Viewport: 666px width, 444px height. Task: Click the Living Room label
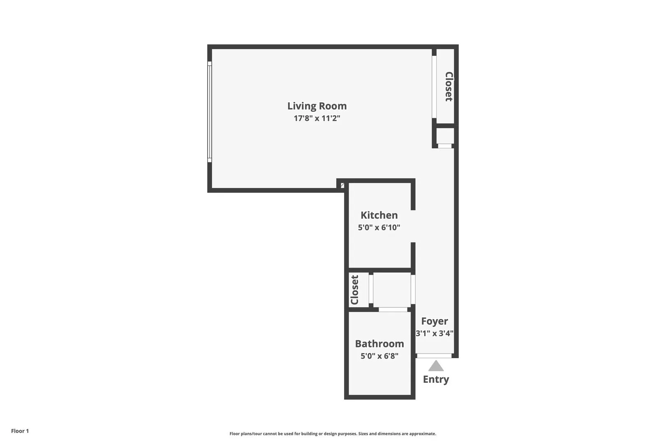coord(317,106)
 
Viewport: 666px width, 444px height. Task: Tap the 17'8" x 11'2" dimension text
coord(317,118)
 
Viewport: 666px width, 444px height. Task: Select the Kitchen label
coord(379,215)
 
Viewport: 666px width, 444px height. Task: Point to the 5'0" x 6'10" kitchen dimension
coord(379,227)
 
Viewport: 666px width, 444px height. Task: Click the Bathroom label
coord(379,344)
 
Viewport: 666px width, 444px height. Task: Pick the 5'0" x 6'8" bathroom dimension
coord(379,356)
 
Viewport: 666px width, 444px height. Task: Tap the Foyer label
coord(434,321)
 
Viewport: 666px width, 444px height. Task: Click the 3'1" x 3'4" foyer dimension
coord(434,333)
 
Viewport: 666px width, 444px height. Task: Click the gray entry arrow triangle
coord(436,365)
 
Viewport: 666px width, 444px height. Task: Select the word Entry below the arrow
coord(436,379)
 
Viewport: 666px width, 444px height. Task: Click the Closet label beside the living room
coord(449,86)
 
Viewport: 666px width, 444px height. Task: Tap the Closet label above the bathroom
coord(354,290)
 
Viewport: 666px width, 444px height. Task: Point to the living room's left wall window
coord(209,112)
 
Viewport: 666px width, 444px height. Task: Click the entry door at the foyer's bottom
coord(434,356)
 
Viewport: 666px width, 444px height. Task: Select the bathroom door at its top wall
coord(393,310)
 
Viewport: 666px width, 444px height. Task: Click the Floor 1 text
coord(20,431)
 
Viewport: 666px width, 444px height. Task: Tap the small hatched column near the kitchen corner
coord(342,185)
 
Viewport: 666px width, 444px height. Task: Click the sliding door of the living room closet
coord(434,86)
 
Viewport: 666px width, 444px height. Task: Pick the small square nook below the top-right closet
coord(445,136)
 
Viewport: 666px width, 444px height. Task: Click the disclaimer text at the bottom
coord(333,434)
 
